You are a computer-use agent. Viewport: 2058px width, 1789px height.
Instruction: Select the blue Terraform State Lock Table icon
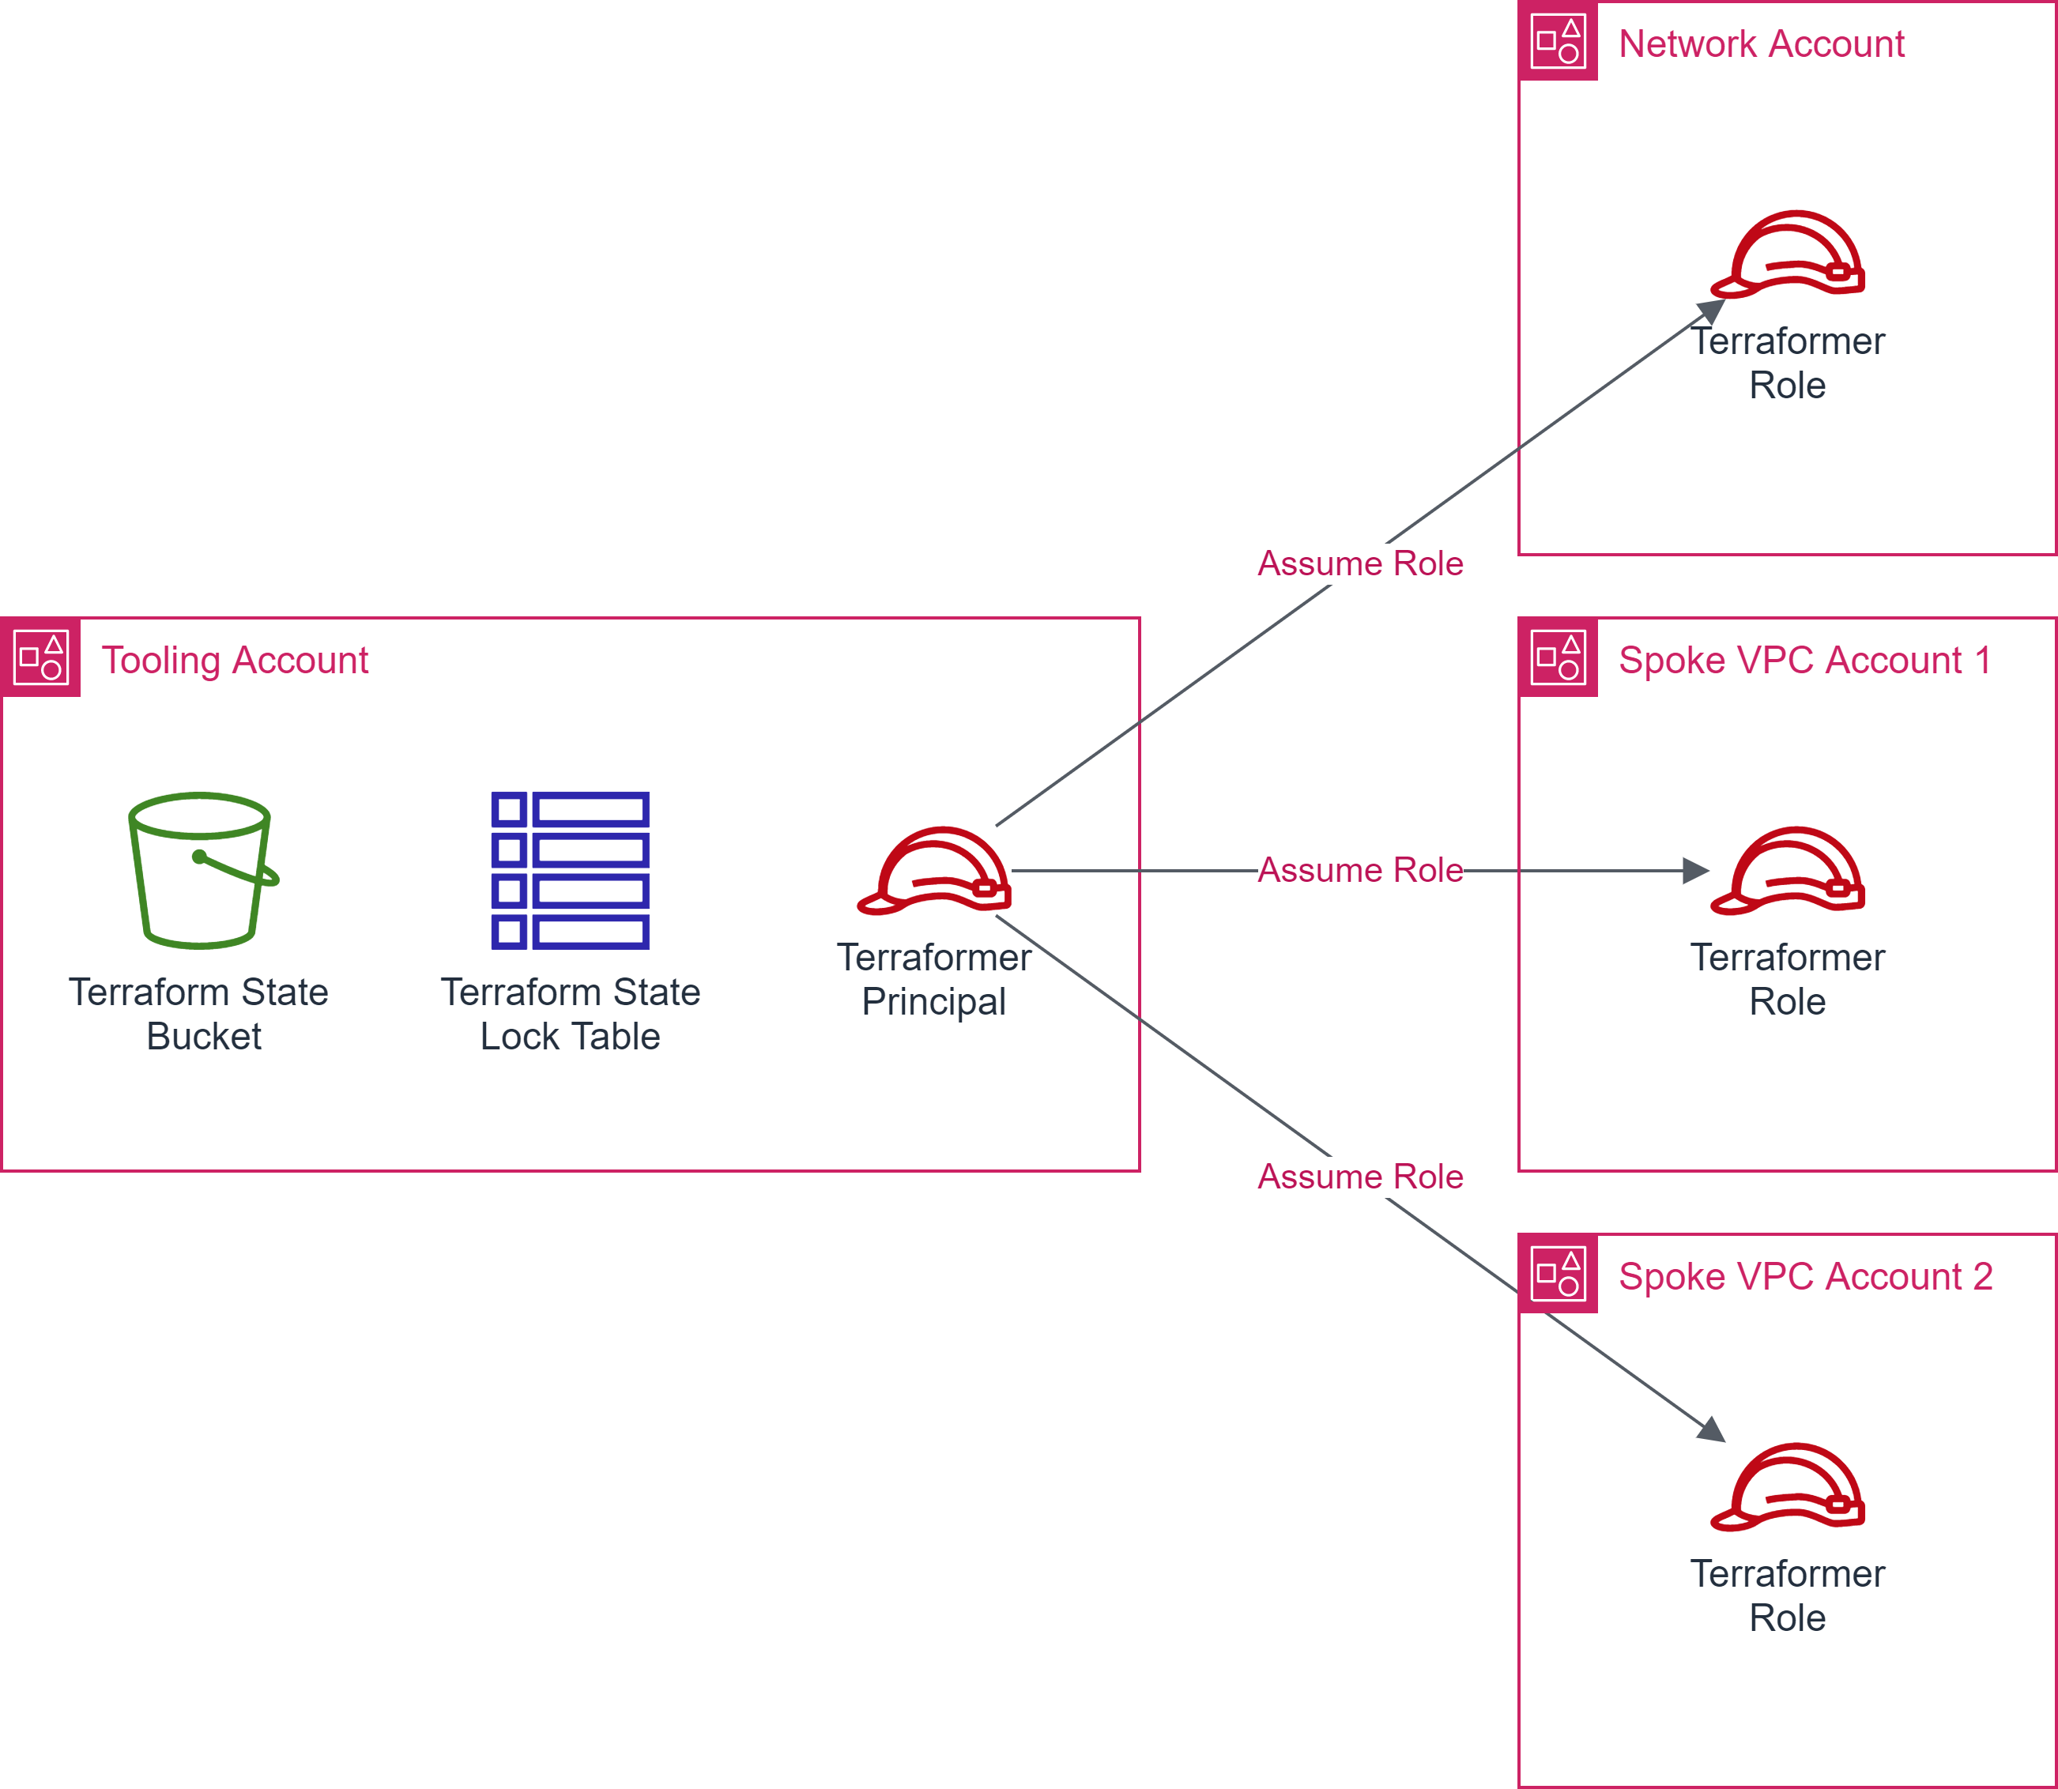[570, 871]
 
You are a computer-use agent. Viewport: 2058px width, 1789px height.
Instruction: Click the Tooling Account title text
[235, 661]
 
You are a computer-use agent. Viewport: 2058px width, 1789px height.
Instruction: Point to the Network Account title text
[1762, 44]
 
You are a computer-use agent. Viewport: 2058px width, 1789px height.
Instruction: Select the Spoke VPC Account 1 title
[1804, 661]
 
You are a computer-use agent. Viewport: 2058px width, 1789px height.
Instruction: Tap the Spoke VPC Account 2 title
[1805, 1277]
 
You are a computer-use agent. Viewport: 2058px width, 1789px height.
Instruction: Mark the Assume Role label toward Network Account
[1360, 564]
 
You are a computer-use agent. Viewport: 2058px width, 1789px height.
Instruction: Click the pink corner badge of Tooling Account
[41, 657]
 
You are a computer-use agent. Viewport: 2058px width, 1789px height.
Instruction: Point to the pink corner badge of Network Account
[1558, 41]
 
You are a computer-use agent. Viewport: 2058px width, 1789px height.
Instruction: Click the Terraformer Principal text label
[933, 979]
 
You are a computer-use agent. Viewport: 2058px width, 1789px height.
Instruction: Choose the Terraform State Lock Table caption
[570, 1015]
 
